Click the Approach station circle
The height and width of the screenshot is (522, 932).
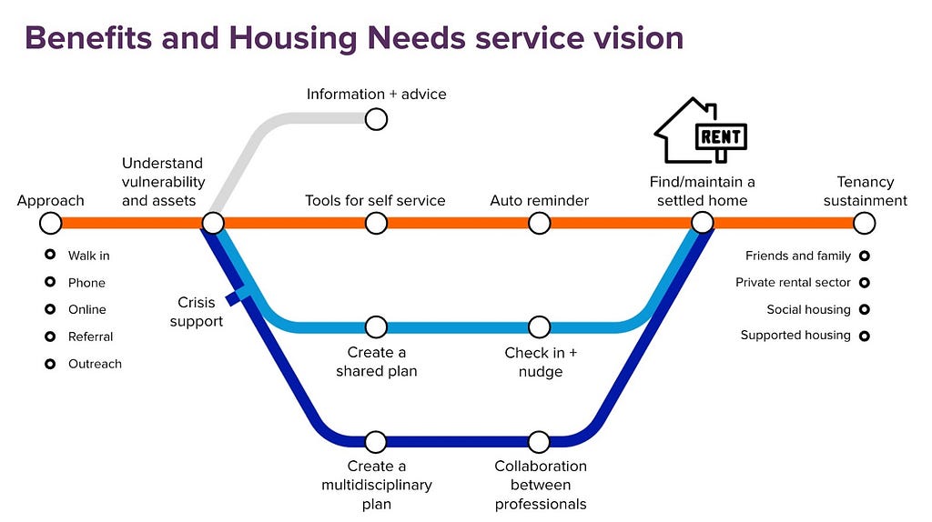click(x=51, y=223)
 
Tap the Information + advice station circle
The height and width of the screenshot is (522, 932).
click(x=376, y=119)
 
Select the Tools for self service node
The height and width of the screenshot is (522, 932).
click(x=376, y=223)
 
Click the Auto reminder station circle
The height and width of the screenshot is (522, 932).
click(x=539, y=223)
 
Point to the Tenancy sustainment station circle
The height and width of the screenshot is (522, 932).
click(x=865, y=223)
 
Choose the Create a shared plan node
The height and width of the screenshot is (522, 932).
click(x=376, y=326)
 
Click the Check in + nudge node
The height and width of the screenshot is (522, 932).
click(x=539, y=326)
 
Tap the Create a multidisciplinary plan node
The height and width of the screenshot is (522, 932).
click(x=376, y=442)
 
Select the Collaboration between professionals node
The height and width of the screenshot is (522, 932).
click(x=539, y=442)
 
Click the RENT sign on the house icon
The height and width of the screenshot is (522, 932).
click(x=721, y=137)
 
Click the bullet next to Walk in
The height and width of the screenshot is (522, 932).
click(x=51, y=256)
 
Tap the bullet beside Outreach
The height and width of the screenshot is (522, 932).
click(x=51, y=364)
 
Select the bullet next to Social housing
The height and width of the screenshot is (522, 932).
click(x=865, y=309)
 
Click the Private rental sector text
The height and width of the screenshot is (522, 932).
click(x=793, y=283)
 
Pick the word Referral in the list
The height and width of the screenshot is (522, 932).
click(x=90, y=336)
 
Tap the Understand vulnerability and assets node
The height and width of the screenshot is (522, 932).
click(x=213, y=223)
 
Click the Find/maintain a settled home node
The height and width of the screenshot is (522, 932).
click(x=702, y=223)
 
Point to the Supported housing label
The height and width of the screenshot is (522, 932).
click(x=795, y=336)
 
